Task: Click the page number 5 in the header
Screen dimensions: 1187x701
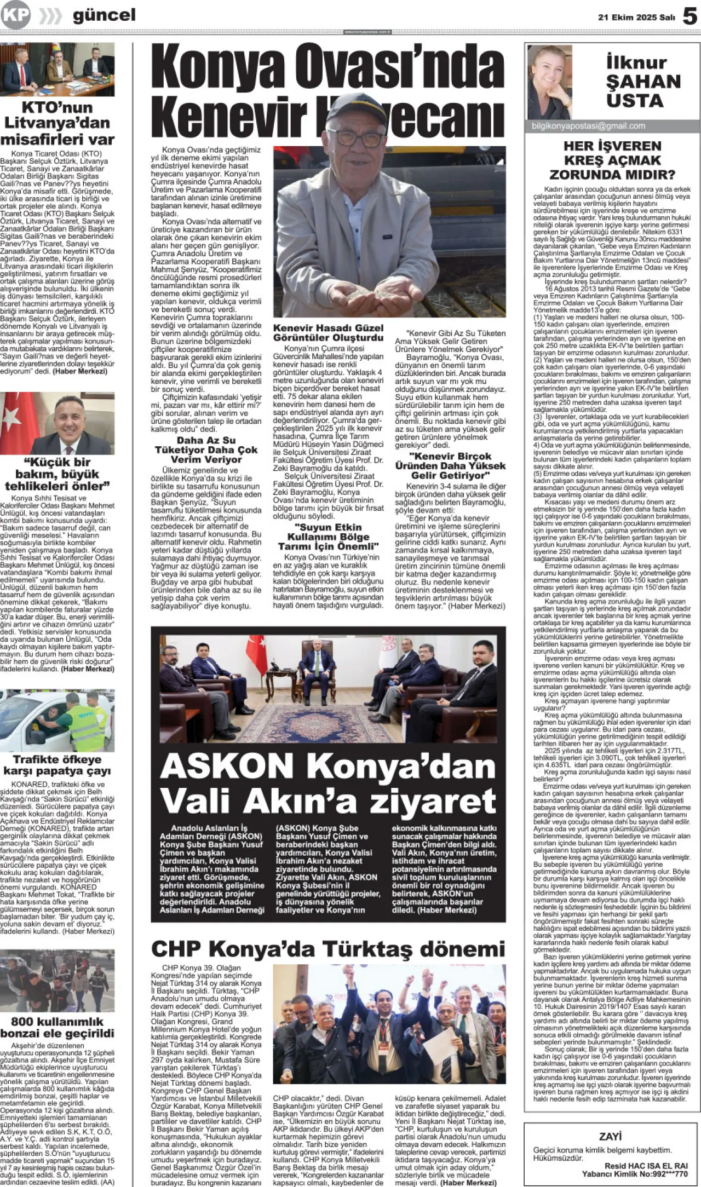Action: point(690,16)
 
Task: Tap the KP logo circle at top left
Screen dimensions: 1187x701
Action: point(15,15)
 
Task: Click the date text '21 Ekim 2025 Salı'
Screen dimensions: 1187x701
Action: point(636,18)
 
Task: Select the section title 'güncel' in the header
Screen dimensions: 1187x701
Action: point(104,15)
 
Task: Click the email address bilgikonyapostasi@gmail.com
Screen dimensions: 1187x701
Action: point(588,126)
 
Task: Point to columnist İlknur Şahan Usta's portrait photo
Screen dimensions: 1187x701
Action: point(549,82)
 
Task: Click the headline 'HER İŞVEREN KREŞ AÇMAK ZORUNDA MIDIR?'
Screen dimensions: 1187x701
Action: point(612,160)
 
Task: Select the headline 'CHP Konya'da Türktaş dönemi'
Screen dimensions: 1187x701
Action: point(327,949)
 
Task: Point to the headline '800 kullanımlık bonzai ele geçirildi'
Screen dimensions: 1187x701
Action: point(58,1027)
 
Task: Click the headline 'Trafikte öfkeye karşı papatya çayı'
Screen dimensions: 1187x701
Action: point(58,765)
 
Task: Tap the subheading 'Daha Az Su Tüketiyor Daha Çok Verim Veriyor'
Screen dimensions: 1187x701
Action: point(206,450)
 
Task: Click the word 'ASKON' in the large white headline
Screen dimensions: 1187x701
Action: point(227,766)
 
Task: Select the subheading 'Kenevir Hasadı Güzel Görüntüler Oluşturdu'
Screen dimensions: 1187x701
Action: point(328,332)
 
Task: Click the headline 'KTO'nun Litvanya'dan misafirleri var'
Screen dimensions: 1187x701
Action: point(58,123)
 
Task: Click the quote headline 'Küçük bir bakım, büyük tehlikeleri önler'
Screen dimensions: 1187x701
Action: point(58,474)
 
